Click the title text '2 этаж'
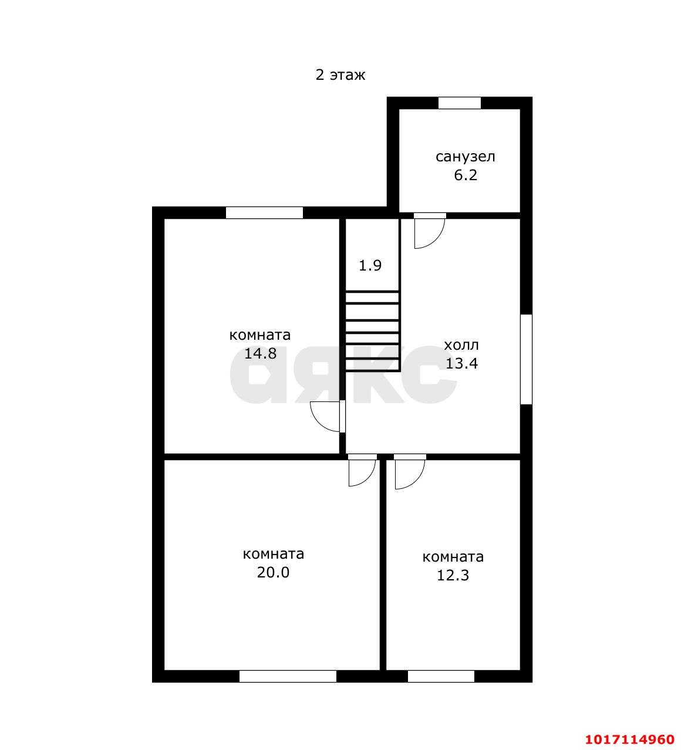point(340,75)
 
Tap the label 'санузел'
point(466,157)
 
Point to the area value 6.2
point(466,175)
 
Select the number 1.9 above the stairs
point(370,265)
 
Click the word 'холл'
point(461,345)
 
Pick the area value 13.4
point(461,363)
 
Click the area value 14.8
point(260,353)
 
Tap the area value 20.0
point(273,572)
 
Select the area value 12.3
point(453,575)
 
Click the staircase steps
point(372,331)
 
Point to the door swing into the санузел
point(430,231)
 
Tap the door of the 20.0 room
point(362,471)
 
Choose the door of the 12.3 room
point(410,472)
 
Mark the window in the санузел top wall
point(460,103)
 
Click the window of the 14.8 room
point(264,213)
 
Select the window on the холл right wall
point(527,359)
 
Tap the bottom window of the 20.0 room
point(288,676)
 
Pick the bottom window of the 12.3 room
point(441,676)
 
